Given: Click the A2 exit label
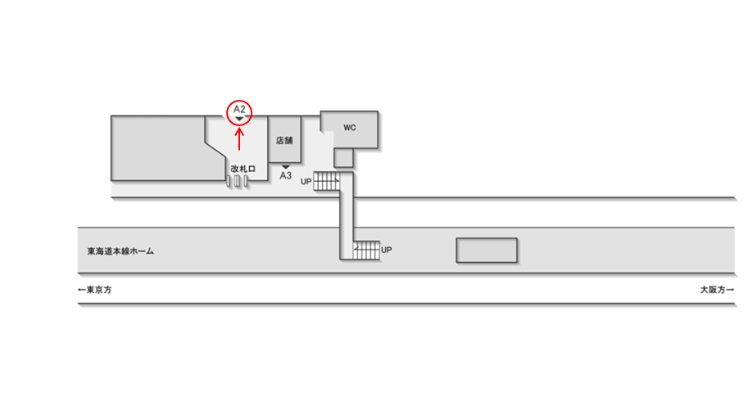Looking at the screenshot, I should (239, 109).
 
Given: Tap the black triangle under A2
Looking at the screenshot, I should (239, 120).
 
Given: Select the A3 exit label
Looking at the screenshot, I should (286, 176).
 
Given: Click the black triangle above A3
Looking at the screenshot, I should (286, 167).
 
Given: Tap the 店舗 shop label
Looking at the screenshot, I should (285, 140).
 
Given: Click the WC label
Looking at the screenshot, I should (350, 128).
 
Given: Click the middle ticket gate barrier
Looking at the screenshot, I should (238, 180).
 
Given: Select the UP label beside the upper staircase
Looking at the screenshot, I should (306, 181).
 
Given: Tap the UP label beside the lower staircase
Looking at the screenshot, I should (387, 249).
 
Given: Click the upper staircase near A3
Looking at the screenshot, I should (327, 181).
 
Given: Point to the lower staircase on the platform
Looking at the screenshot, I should (366, 249).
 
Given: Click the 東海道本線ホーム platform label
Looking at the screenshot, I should (120, 251).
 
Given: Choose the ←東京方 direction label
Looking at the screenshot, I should (94, 290).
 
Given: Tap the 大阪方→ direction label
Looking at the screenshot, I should (716, 290).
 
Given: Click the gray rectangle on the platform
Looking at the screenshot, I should (487, 250).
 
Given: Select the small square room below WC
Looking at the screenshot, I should (342, 156).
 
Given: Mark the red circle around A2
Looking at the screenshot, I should (239, 113).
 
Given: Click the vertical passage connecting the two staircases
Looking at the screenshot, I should (346, 215).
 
